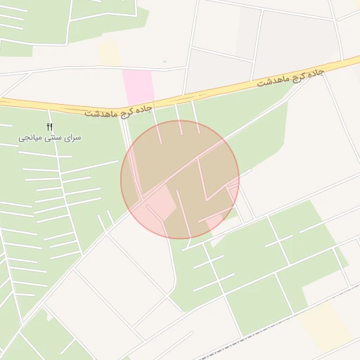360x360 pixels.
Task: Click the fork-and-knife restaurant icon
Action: point(49,127)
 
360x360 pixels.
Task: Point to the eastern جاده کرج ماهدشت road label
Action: point(289,79)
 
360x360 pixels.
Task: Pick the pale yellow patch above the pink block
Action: point(109,52)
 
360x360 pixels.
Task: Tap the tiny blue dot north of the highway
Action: point(165,62)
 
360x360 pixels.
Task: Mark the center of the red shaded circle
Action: point(180,179)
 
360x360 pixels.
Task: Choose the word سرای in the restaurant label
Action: point(72,138)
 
